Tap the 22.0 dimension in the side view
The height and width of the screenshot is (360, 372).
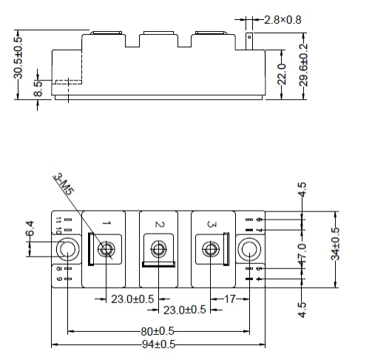pyautogui.click(x=281, y=75)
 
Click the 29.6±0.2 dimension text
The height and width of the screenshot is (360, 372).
pyautogui.click(x=304, y=66)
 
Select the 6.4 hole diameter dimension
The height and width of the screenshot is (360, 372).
pyautogui.click(x=30, y=230)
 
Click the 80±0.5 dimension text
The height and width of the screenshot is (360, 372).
pyautogui.click(x=159, y=330)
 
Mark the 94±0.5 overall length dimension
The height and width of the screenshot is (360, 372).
pyautogui.click(x=159, y=344)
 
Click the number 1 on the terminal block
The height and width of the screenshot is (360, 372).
pyautogui.click(x=106, y=223)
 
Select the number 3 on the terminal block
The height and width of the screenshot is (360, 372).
pyautogui.click(x=212, y=223)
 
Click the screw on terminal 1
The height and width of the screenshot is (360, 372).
pyautogui.click(x=107, y=250)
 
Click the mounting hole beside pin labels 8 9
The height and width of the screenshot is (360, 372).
pyautogui.click(x=68, y=251)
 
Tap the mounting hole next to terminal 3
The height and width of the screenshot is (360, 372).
pyautogui.click(x=249, y=250)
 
